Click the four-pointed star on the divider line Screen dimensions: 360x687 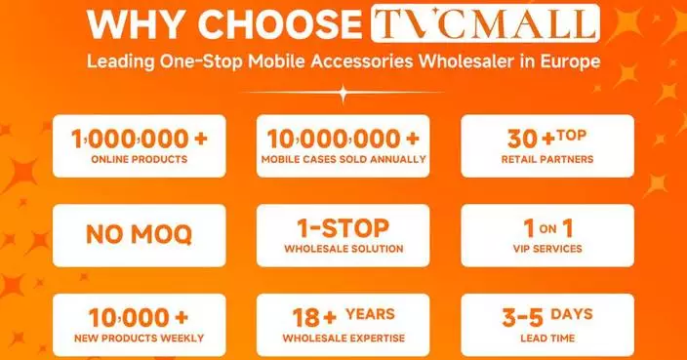(343, 94)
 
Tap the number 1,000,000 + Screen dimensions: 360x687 (139, 138)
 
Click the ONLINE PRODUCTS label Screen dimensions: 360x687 (139, 159)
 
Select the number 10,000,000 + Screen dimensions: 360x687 (343, 138)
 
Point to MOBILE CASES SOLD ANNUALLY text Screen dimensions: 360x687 (343, 159)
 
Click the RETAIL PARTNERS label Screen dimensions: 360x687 (546, 159)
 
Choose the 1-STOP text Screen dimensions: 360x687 (343, 227)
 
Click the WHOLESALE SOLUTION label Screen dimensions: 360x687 (343, 249)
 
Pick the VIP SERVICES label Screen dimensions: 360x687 (546, 249)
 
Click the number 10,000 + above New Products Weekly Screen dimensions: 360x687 (139, 317)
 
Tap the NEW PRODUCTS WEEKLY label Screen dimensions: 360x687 (139, 339)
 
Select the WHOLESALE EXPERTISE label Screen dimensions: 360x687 (343, 339)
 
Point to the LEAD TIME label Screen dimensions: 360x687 (546, 339)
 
